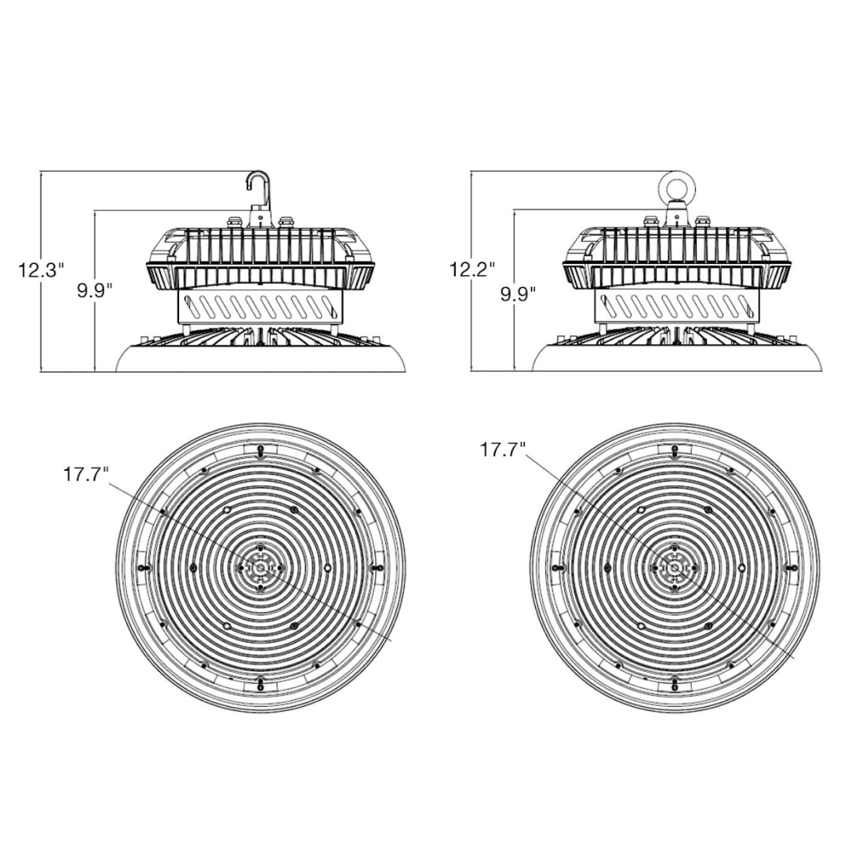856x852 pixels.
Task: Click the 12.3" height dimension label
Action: (x=40, y=270)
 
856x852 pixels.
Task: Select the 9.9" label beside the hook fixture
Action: (x=94, y=290)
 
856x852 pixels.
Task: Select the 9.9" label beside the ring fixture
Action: (x=518, y=295)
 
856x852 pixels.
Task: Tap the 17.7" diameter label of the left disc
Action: (x=86, y=475)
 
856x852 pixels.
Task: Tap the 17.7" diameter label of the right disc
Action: (x=503, y=450)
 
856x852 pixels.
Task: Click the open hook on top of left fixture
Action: (x=259, y=186)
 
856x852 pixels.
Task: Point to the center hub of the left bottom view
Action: (x=260, y=567)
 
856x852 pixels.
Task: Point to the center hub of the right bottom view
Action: (x=674, y=567)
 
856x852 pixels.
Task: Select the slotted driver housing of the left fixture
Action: (x=260, y=305)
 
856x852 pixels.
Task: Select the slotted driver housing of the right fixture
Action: (x=675, y=305)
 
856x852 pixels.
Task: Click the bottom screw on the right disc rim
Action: (x=674, y=683)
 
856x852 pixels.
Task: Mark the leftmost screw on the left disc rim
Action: (x=143, y=567)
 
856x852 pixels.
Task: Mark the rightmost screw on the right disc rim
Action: (x=791, y=567)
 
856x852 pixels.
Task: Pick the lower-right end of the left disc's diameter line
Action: (x=392, y=639)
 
